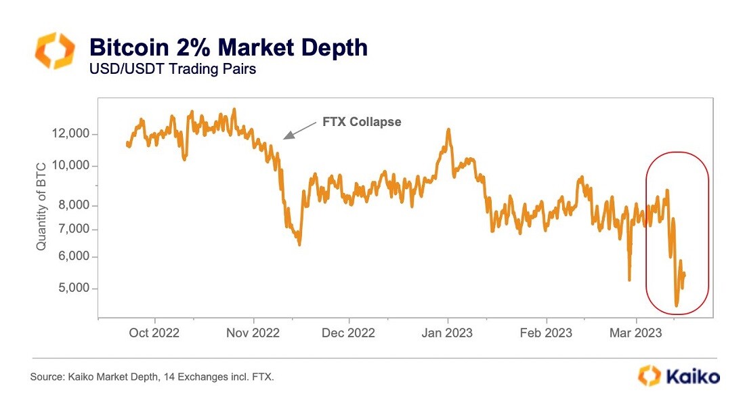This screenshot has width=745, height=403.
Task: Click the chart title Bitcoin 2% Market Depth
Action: click(228, 47)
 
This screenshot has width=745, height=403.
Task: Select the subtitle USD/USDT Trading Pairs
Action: click(173, 69)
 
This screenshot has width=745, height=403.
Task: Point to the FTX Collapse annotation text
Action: click(362, 122)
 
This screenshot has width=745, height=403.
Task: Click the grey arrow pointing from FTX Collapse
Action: click(299, 131)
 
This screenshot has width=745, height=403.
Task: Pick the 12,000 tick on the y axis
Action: click(70, 134)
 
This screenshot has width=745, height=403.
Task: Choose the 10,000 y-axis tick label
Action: click(70, 166)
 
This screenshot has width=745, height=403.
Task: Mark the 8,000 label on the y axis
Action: click(72, 205)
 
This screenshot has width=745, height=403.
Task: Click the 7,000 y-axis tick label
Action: click(72, 229)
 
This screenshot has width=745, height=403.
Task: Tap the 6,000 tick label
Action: click(72, 257)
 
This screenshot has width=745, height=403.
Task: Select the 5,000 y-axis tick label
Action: click(72, 289)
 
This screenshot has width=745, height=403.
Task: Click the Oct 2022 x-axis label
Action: click(155, 333)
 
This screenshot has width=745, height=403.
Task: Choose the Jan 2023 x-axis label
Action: click(448, 333)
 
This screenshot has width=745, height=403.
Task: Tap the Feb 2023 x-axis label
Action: click(547, 333)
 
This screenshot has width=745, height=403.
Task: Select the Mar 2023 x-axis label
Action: click(636, 333)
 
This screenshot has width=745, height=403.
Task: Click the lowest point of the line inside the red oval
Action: click(677, 306)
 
